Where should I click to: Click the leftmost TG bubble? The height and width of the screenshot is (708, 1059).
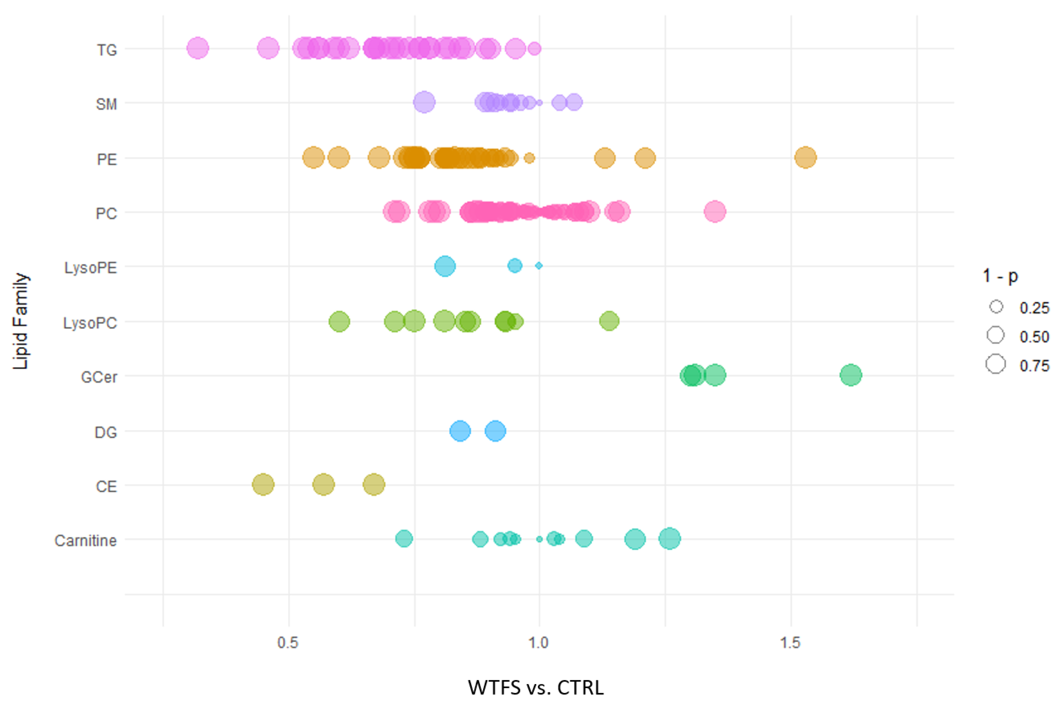[x=198, y=48]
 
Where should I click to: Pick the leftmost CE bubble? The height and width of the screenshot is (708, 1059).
[x=263, y=485]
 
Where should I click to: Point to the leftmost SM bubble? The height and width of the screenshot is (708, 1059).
[x=424, y=102]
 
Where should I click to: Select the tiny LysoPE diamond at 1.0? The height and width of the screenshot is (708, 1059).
[x=539, y=266]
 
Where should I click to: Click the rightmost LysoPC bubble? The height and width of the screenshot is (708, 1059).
[x=609, y=321]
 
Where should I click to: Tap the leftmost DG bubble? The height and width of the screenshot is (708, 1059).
[x=460, y=431]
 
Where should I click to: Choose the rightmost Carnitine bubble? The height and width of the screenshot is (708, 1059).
[x=669, y=538]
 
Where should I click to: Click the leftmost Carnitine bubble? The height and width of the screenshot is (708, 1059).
[x=404, y=538]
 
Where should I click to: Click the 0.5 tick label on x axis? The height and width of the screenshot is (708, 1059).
[x=288, y=643]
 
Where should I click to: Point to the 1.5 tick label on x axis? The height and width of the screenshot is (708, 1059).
[x=790, y=643]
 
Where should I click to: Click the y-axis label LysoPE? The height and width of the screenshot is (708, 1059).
[x=90, y=268]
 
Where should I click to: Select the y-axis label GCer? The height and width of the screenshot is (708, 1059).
[x=99, y=377]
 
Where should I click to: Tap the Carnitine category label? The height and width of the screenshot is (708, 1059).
[x=85, y=541]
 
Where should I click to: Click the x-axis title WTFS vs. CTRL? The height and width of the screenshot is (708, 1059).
[x=536, y=688]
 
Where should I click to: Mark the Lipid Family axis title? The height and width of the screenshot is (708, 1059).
[x=20, y=321]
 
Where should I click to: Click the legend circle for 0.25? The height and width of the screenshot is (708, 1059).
[x=996, y=307]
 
